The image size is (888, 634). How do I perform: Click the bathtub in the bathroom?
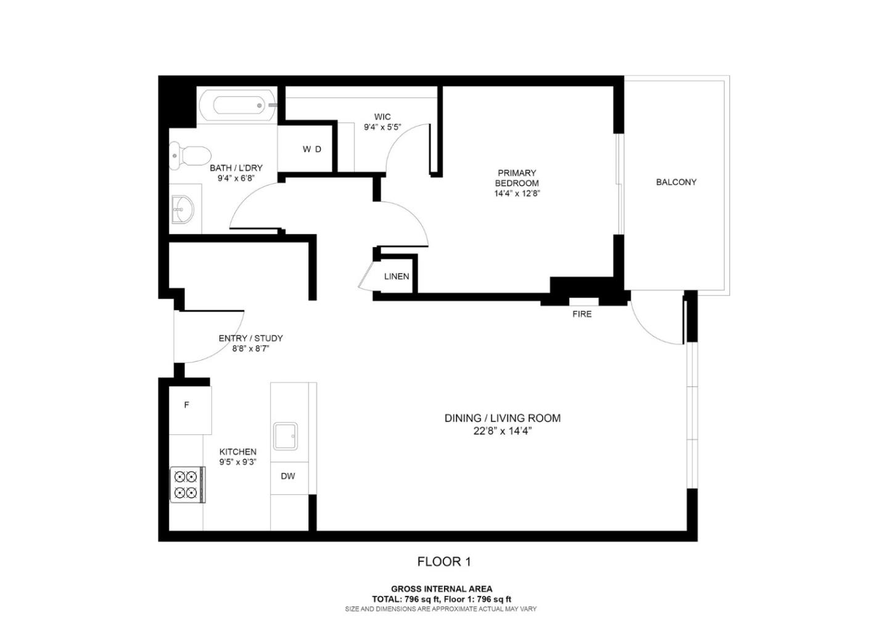pyautogui.click(x=237, y=105)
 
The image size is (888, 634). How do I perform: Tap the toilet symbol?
pyautogui.click(x=191, y=154)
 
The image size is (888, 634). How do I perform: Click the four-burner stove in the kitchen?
pyautogui.click(x=187, y=485)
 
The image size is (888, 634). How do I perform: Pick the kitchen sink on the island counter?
pyautogui.click(x=286, y=436)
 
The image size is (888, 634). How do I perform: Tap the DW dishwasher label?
pyautogui.click(x=288, y=476)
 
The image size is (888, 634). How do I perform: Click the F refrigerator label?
pyautogui.click(x=187, y=405)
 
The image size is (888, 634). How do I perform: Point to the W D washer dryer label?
pyautogui.click(x=311, y=149)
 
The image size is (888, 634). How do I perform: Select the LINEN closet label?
pyautogui.click(x=397, y=277)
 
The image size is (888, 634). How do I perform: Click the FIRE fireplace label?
pyautogui.click(x=582, y=314)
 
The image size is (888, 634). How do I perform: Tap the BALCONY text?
pyautogui.click(x=676, y=182)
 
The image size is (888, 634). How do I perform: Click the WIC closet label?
pyautogui.click(x=382, y=117)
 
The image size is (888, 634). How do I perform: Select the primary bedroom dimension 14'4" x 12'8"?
pyautogui.click(x=517, y=193)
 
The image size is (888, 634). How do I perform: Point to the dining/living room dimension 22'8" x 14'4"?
pyautogui.click(x=502, y=431)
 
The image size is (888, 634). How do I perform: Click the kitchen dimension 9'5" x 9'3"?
pyautogui.click(x=237, y=462)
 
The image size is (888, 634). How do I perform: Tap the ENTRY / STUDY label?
pyautogui.click(x=250, y=338)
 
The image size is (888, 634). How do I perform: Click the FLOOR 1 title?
pyautogui.click(x=444, y=561)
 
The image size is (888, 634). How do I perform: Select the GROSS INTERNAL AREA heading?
pyautogui.click(x=442, y=589)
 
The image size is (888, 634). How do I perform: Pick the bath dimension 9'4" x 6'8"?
pyautogui.click(x=236, y=178)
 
